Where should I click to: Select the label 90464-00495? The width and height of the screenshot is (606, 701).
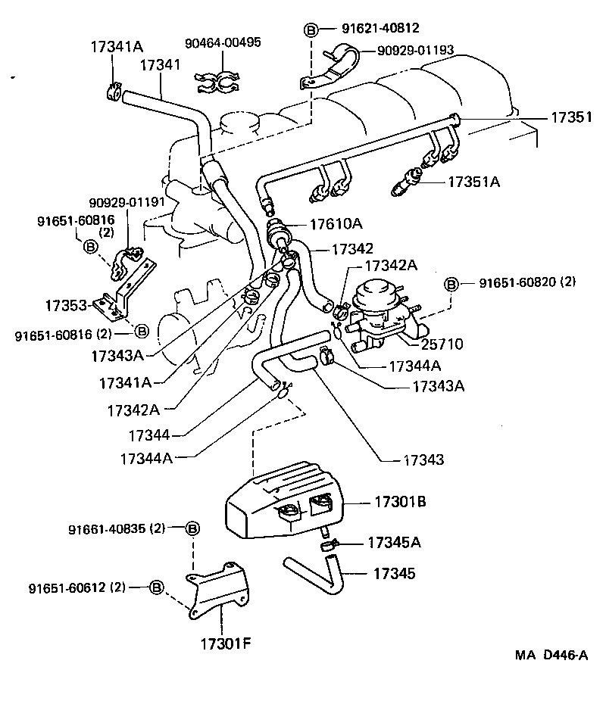pos(223,42)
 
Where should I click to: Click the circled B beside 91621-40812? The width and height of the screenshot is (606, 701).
pos(311,30)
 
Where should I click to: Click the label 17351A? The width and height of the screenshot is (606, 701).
pos(474,182)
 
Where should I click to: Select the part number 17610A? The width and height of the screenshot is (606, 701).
pos(336,223)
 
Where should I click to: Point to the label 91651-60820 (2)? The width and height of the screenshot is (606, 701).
pos(527,282)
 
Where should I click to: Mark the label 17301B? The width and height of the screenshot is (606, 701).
pos(398,501)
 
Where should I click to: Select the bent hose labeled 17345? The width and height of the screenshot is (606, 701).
pos(318,573)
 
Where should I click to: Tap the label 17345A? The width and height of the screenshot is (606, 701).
pos(393,542)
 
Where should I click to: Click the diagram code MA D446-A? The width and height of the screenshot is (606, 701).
pos(551,655)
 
